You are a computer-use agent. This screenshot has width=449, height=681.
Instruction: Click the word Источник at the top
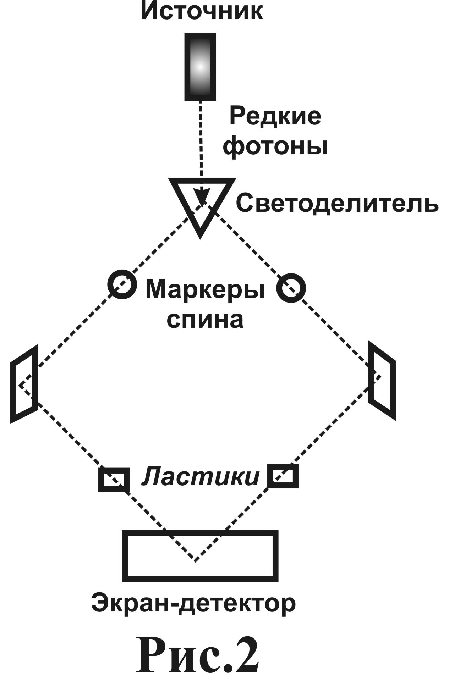pyautogui.click(x=202, y=12)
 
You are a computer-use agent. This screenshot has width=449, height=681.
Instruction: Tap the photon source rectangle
pyautogui.click(x=200, y=67)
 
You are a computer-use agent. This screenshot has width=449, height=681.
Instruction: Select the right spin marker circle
pyautogui.click(x=291, y=288)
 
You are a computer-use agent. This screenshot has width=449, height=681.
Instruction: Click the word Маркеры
pyautogui.click(x=205, y=289)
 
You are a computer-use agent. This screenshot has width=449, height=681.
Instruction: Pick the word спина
pyautogui.click(x=205, y=320)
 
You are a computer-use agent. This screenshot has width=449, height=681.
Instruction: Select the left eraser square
pyautogui.click(x=114, y=480)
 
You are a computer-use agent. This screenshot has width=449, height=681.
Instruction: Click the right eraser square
pyautogui.click(x=283, y=476)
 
